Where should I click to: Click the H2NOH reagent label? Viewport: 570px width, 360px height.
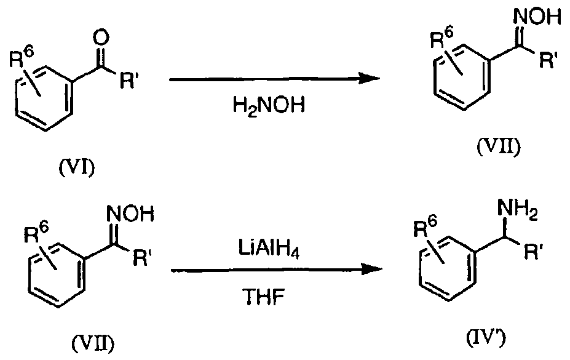click(268, 106)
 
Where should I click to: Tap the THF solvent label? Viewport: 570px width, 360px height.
click(264, 297)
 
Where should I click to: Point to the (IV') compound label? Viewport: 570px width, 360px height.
click(486, 339)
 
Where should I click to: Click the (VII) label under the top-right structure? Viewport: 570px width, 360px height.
click(499, 146)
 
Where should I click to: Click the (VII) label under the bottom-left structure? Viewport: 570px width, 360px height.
click(93, 342)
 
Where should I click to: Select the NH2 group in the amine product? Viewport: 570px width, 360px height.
click(518, 210)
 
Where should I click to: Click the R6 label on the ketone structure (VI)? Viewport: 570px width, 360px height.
click(22, 57)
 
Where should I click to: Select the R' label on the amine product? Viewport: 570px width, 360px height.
click(534, 250)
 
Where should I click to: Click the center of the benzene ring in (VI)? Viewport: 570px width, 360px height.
click(42, 99)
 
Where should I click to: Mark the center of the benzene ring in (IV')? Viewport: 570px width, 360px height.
click(447, 268)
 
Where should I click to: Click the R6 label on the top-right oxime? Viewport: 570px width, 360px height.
click(442, 38)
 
